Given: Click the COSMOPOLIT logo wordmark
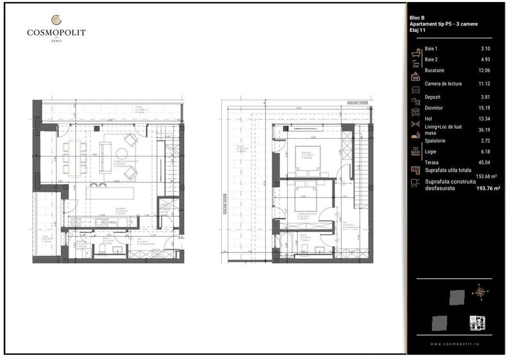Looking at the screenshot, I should [x=56, y=32].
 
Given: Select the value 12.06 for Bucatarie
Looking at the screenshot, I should [x=486, y=70].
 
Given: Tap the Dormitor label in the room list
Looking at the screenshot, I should [x=435, y=108].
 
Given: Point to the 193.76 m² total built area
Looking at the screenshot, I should [x=490, y=189].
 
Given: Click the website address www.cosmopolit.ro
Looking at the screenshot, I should [x=455, y=344].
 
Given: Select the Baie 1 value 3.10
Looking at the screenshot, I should [x=486, y=49].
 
